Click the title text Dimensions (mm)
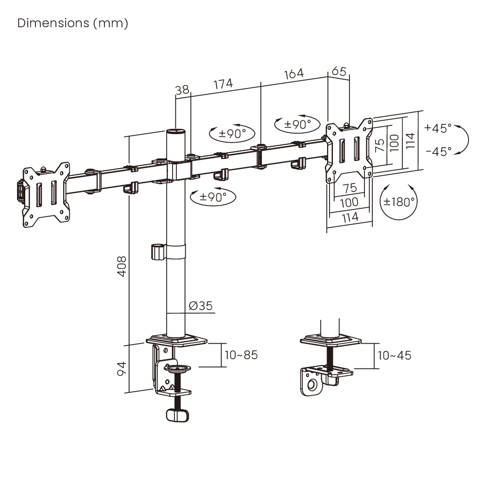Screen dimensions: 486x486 pyautogui.click(x=73, y=23)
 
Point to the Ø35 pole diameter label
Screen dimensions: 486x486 pyautogui.click(x=200, y=306)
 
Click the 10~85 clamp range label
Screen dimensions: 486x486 pyautogui.click(x=241, y=355)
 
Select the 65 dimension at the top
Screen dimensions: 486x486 pyautogui.click(x=339, y=71)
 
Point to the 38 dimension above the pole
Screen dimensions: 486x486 pyautogui.click(x=182, y=90)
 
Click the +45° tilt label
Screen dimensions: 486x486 pyautogui.click(x=437, y=128)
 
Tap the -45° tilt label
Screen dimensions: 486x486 pyautogui.click(x=437, y=151)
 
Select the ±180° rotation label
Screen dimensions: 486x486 pyautogui.click(x=399, y=202)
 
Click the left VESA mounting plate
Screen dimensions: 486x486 pyautogui.click(x=47, y=194)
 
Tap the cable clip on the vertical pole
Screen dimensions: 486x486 pyautogui.click(x=157, y=252)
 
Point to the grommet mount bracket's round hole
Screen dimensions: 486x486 pyautogui.click(x=312, y=386)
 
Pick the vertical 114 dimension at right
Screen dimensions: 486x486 pyautogui.click(x=411, y=141)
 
